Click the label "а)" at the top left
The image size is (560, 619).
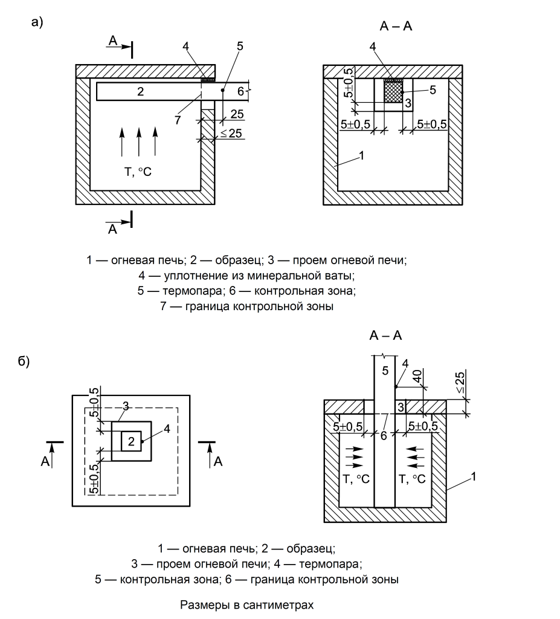pos(37,22)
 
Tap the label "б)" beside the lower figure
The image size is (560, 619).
pos(24,361)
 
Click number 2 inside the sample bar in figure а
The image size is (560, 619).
pos(141,92)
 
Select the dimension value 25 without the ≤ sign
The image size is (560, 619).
pos(237,114)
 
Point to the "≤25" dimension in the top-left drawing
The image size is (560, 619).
pos(231,134)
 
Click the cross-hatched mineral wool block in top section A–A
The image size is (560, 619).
pos(393,91)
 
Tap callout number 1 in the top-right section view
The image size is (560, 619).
pos(361,155)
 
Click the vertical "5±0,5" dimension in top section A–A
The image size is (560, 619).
pos(349,82)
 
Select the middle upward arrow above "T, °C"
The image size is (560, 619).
pos(138,141)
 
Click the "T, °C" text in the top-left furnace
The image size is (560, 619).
pos(138,172)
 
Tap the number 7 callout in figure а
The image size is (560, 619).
pos(178,120)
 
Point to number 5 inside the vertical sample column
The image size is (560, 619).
pos(385,371)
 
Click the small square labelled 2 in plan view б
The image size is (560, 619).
pos(131,441)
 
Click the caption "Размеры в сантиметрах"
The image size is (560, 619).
pos(246,604)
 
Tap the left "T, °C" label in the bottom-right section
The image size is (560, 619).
pos(356,479)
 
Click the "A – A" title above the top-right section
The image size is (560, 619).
pos(396,26)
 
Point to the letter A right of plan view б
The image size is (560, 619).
pos(218,461)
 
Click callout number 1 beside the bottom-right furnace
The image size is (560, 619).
pos(474,476)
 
